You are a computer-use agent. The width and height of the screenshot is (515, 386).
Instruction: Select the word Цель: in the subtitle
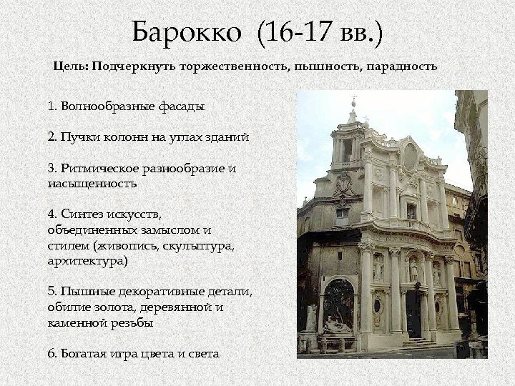click(70, 66)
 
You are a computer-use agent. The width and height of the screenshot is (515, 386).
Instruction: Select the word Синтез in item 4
click(82, 214)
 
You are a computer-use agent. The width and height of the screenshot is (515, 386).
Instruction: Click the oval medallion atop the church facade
click(410, 157)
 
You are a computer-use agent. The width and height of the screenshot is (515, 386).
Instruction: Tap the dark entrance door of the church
click(413, 315)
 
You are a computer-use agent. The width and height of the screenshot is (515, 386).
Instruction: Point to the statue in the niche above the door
click(413, 269)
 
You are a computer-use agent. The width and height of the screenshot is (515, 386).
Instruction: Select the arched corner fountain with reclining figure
click(338, 308)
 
